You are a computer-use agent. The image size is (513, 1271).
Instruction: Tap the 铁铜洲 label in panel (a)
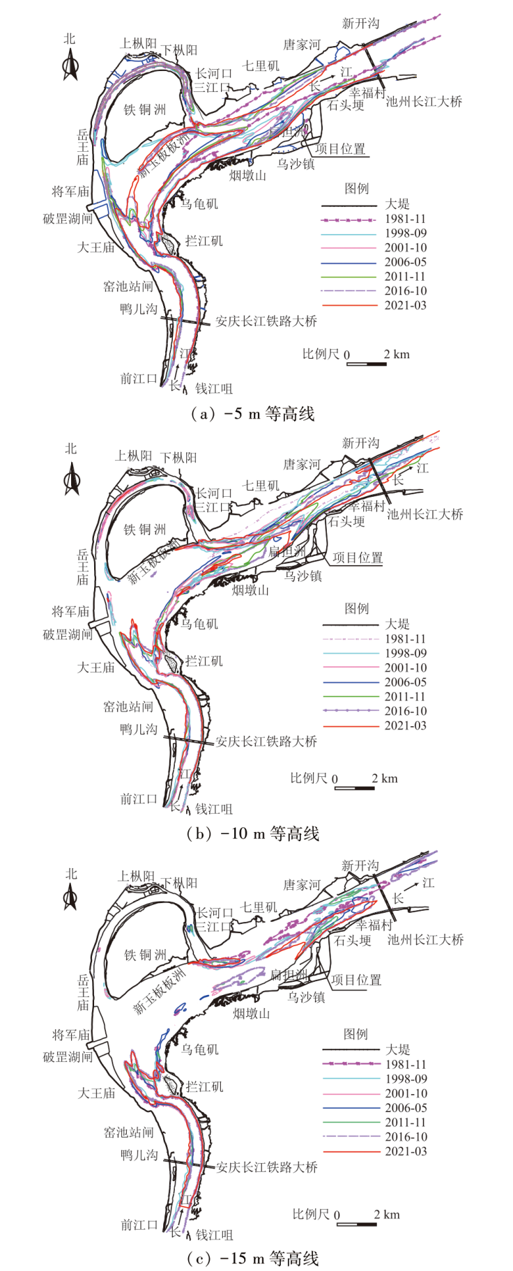(145, 109)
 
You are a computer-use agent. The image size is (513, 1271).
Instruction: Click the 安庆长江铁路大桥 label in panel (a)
(266, 321)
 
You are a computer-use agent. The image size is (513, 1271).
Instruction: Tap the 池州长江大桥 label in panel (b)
(424, 514)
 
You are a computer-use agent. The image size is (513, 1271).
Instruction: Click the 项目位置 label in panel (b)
(357, 557)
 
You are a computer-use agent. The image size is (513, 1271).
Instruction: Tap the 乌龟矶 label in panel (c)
(199, 1049)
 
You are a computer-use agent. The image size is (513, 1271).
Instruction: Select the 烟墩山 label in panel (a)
(248, 176)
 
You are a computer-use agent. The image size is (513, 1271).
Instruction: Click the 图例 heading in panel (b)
(357, 608)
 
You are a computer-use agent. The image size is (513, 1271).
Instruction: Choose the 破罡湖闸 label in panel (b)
(68, 635)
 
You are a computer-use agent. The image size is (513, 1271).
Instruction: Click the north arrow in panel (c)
(70, 899)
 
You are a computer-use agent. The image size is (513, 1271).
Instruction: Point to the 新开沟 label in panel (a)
(360, 24)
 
